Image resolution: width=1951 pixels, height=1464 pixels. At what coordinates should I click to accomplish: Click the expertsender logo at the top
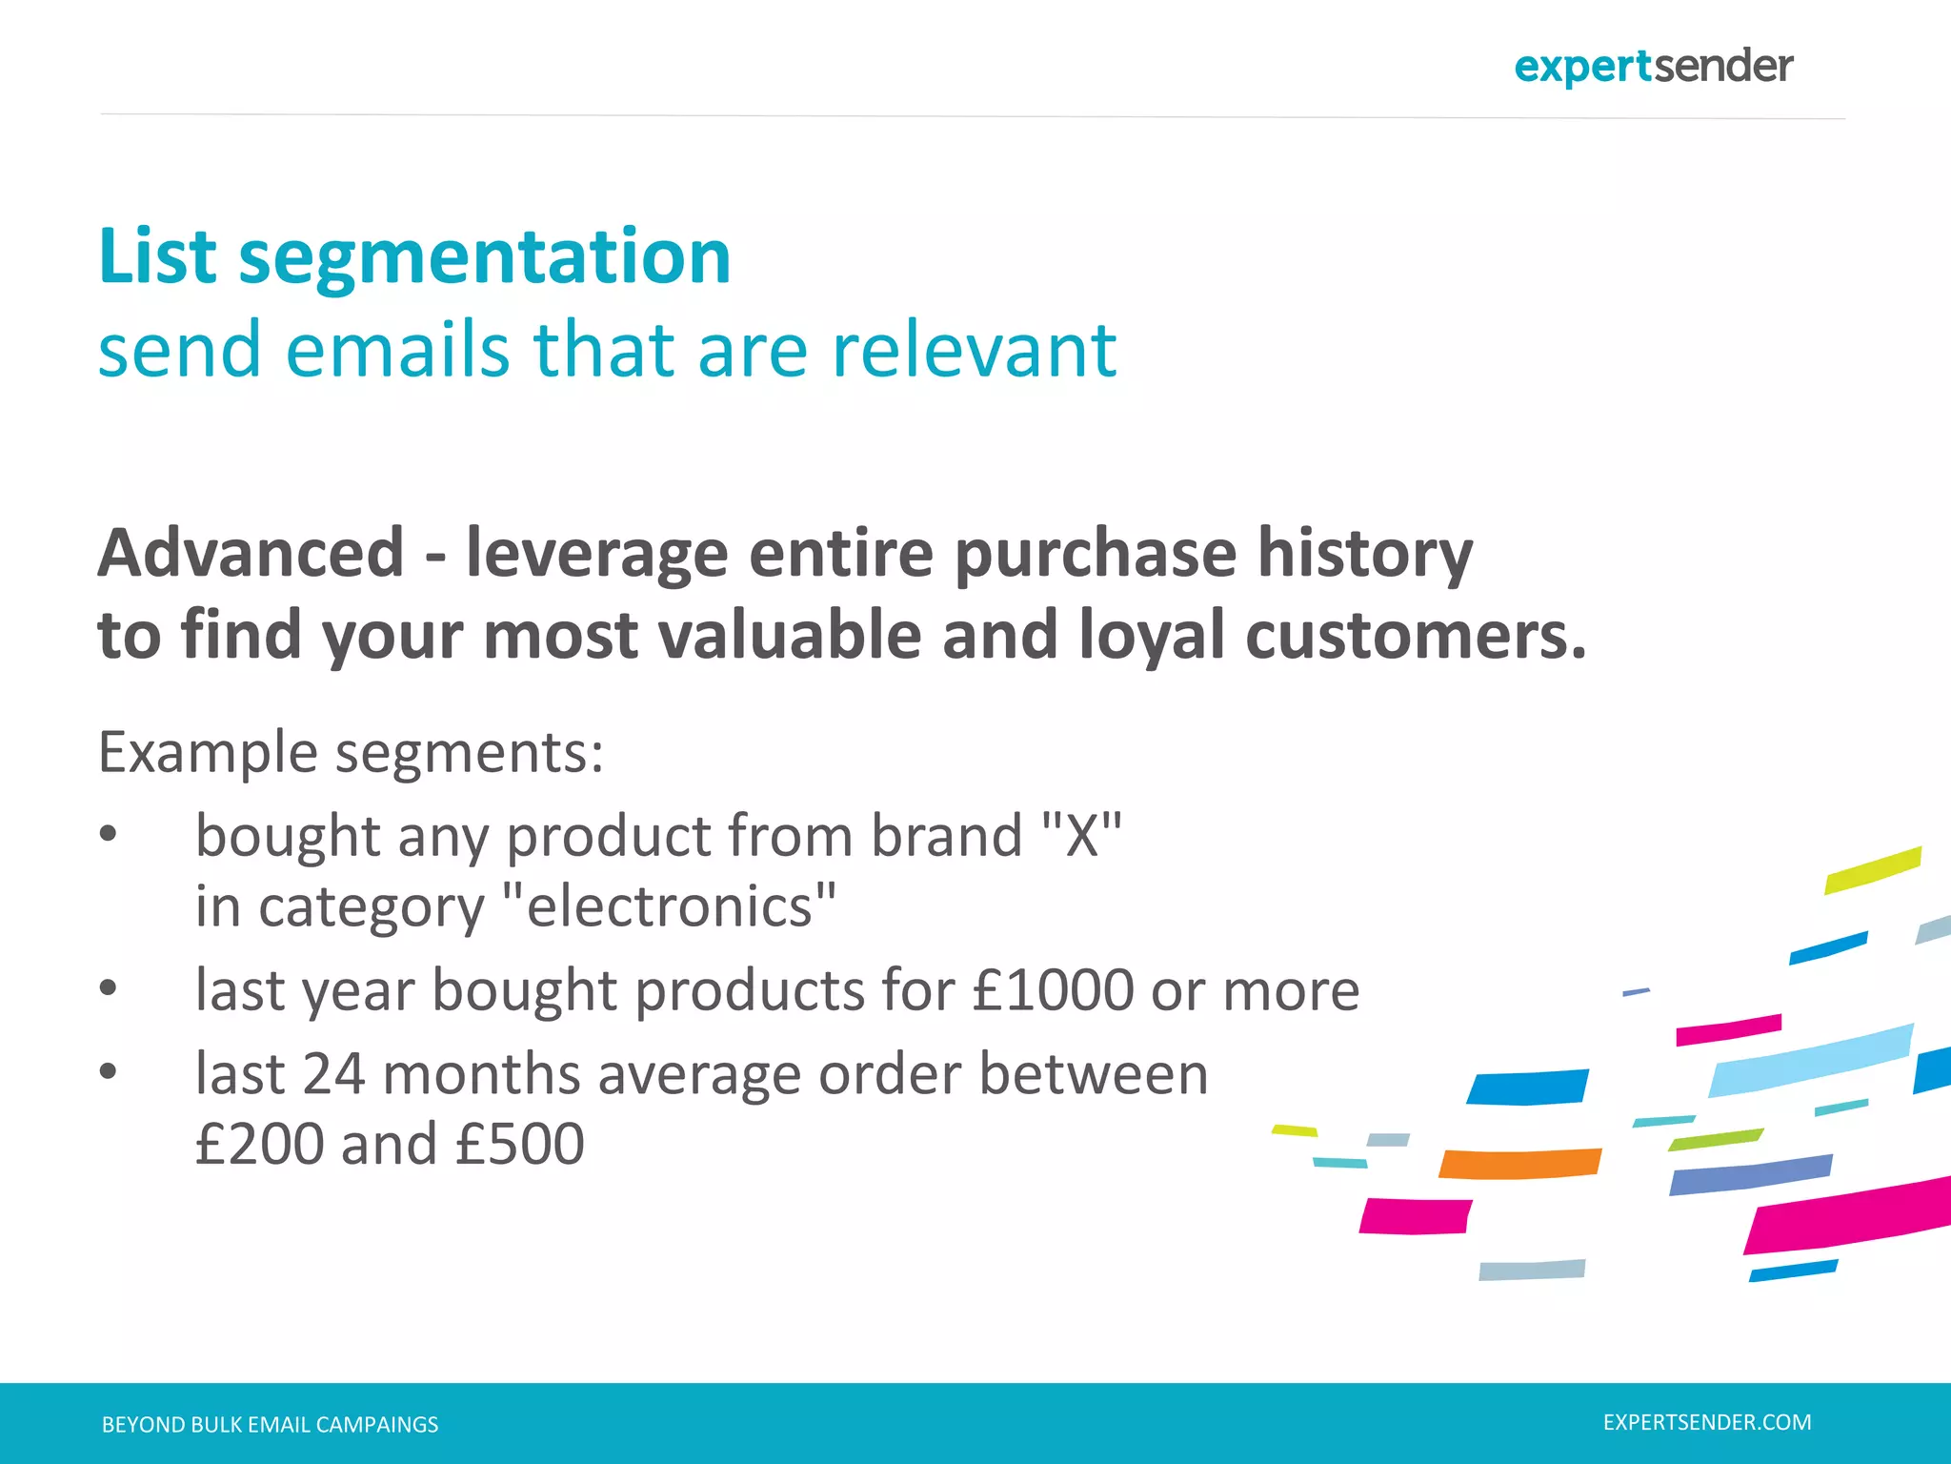pyautogui.click(x=1653, y=67)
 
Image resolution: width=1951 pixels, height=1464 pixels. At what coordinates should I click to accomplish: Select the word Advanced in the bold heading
pyautogui.click(x=251, y=553)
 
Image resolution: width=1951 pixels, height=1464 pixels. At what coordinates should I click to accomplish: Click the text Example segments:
pyautogui.click(x=351, y=753)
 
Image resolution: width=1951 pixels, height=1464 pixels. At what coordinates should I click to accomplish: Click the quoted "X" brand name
pyautogui.click(x=1081, y=836)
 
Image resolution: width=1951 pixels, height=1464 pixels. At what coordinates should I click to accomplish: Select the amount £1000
pyautogui.click(x=1053, y=990)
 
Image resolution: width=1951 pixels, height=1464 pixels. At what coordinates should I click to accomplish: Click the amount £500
pyautogui.click(x=519, y=1145)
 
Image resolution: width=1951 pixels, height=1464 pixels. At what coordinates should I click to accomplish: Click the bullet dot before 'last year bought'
pyautogui.click(x=108, y=989)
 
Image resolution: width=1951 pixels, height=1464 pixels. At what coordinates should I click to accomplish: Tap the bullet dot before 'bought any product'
pyautogui.click(x=108, y=834)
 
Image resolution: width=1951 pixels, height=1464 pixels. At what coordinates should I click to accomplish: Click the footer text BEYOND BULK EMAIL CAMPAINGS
pyautogui.click(x=270, y=1425)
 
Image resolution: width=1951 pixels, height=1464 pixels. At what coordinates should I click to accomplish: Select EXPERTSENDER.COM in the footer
pyautogui.click(x=1707, y=1423)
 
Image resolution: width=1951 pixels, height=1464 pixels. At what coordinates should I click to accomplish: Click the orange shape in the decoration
pyautogui.click(x=1519, y=1164)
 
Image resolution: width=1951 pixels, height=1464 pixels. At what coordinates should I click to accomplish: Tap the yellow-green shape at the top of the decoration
pyautogui.click(x=1872, y=869)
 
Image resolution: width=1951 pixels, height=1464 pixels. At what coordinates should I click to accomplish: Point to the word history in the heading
pyautogui.click(x=1364, y=553)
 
